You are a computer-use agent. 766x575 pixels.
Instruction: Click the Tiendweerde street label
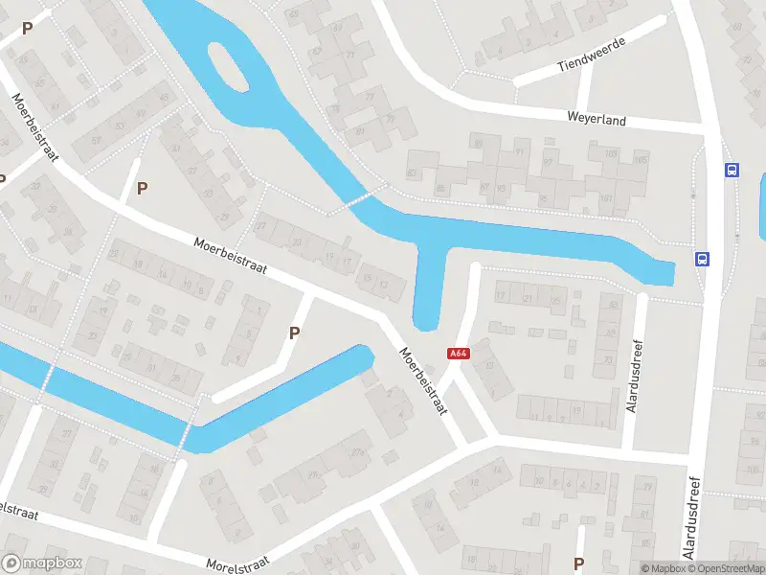[592, 55]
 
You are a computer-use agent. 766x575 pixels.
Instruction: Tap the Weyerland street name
[596, 121]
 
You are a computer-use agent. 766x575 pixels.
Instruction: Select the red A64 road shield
[459, 354]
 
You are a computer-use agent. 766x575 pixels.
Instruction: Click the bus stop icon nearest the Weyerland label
[732, 170]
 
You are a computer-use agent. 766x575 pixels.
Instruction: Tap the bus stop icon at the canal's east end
[702, 259]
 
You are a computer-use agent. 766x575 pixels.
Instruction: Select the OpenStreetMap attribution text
[727, 568]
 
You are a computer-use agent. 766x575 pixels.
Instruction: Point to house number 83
[413, 172]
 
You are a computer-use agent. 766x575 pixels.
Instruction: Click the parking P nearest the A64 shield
[295, 333]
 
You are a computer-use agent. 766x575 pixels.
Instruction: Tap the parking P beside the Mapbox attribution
[578, 563]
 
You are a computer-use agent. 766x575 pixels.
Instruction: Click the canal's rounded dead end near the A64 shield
[426, 319]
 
